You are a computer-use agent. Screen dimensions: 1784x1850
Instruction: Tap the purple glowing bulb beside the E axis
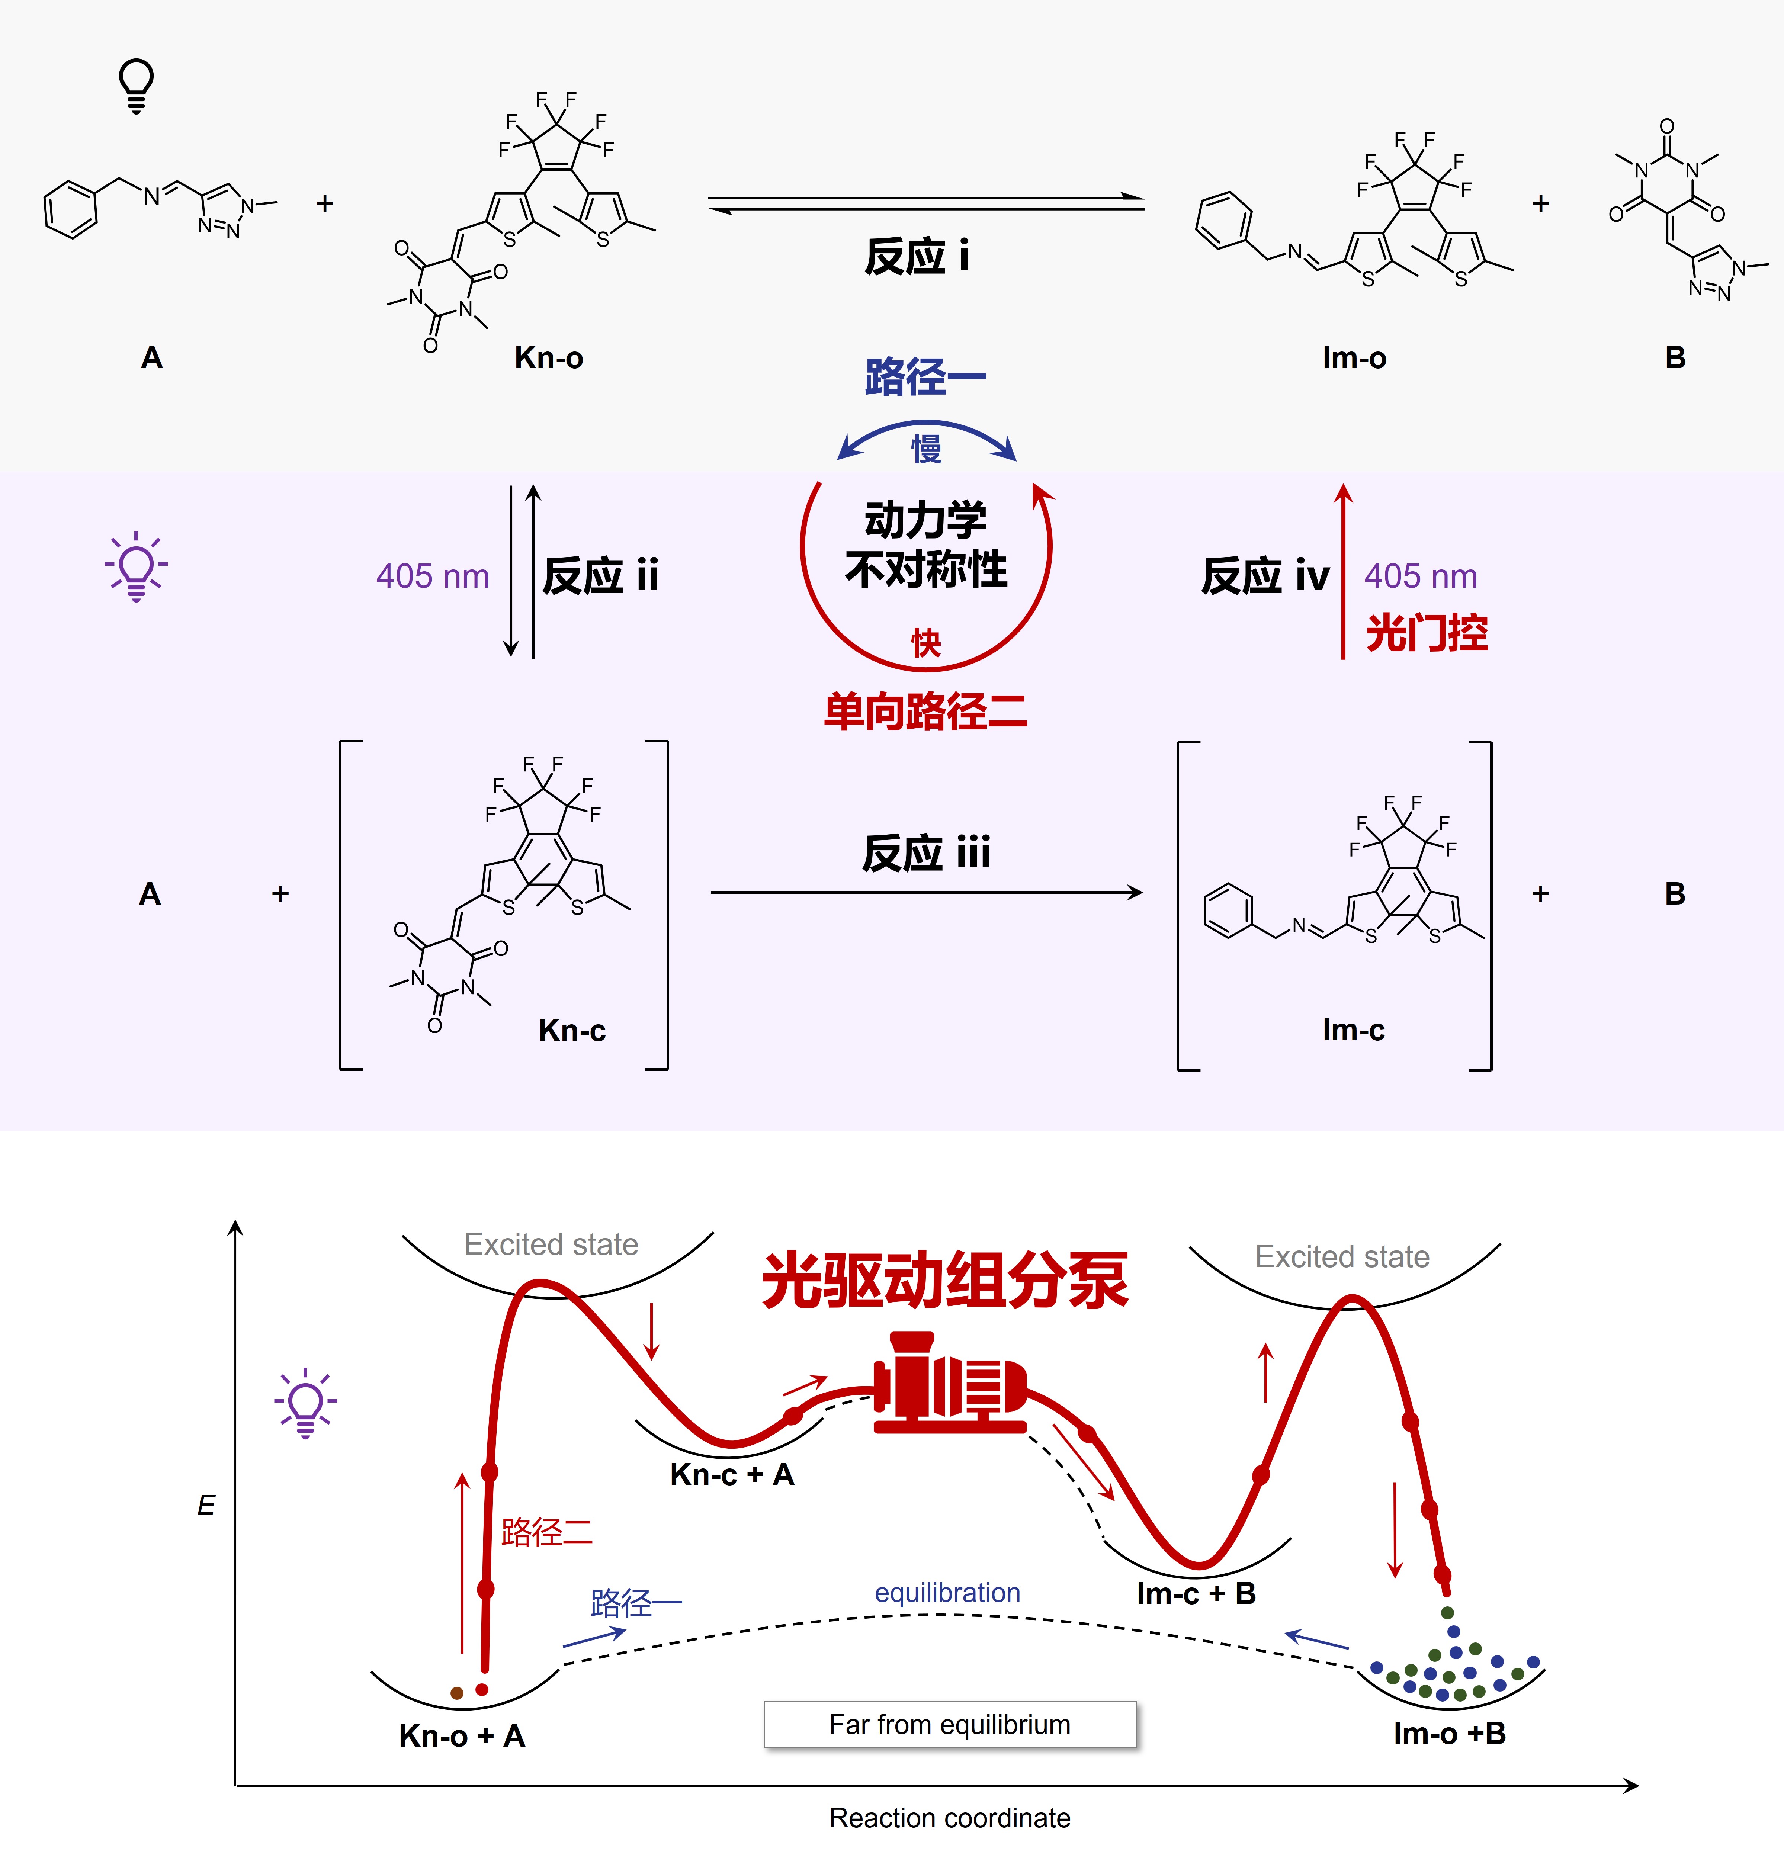[305, 1403]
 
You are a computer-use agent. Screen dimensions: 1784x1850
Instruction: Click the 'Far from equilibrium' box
[950, 1724]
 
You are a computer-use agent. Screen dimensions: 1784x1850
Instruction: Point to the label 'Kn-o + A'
[462, 1735]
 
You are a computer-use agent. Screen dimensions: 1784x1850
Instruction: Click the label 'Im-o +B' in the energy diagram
[1449, 1733]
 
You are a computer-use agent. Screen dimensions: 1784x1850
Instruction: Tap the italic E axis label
[206, 1504]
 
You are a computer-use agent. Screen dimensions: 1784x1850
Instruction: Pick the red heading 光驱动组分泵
[945, 1281]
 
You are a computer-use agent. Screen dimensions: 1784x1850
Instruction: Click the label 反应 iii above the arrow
[926, 852]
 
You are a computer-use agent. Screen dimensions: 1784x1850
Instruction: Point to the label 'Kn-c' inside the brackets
[572, 1030]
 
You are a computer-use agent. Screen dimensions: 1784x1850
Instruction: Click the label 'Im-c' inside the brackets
[1354, 1030]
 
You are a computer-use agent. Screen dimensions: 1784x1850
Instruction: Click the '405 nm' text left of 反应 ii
[432, 576]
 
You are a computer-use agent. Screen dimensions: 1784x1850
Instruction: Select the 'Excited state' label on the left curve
[551, 1244]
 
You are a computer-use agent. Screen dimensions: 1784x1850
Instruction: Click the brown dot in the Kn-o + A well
[457, 1693]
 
